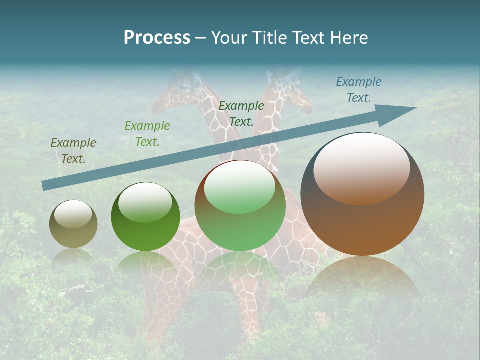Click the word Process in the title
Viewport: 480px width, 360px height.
tap(157, 38)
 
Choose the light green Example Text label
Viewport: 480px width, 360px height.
tap(147, 134)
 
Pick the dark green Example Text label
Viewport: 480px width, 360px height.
tap(241, 114)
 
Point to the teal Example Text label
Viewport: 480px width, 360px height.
tap(359, 90)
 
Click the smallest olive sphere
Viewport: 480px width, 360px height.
tap(73, 224)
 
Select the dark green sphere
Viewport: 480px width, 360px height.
tap(145, 217)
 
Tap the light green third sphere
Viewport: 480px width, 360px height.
tap(240, 206)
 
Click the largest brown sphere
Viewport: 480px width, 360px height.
tap(362, 194)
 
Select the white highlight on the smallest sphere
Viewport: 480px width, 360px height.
tap(73, 214)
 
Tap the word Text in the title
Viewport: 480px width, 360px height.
tap(307, 38)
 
